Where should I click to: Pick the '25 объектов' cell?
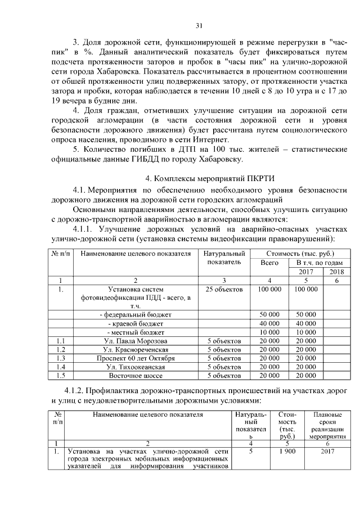(x=224, y=289)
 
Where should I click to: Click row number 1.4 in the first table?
(x=61, y=367)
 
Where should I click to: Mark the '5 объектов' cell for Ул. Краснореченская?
(x=224, y=349)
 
